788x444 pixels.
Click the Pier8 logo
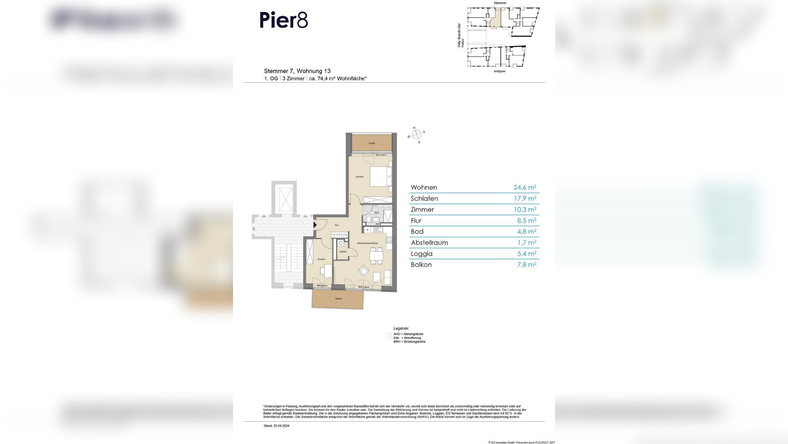click(283, 20)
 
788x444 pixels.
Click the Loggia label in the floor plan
click(372, 143)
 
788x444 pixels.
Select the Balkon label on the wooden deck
click(338, 299)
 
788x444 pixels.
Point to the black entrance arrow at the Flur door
click(315, 225)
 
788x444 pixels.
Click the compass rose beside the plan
click(416, 134)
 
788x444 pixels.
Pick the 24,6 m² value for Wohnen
click(525, 187)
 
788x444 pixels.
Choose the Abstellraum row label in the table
click(429, 243)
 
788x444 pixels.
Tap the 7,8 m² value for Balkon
click(527, 265)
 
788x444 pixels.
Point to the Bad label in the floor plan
click(377, 213)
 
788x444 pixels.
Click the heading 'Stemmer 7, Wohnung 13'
click(297, 71)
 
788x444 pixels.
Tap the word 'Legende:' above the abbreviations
click(401, 329)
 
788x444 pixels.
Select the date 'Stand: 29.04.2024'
click(276, 426)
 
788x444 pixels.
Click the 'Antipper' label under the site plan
click(499, 71)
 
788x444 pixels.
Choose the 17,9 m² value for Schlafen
click(525, 198)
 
